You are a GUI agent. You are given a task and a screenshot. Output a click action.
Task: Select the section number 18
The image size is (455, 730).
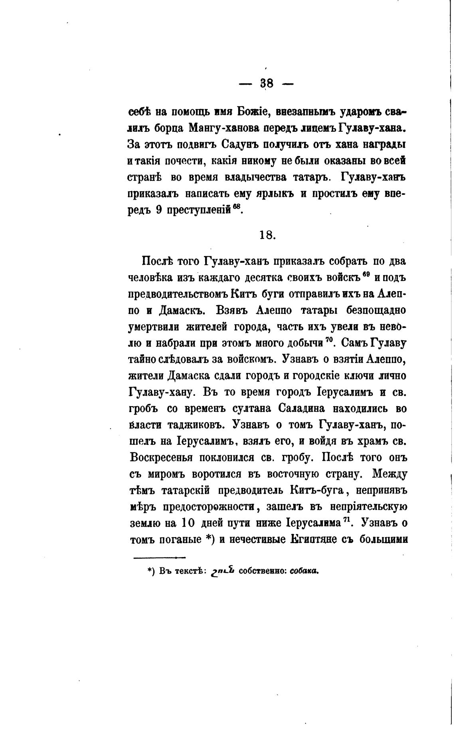click(267, 235)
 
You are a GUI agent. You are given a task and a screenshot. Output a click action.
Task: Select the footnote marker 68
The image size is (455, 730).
click(237, 207)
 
